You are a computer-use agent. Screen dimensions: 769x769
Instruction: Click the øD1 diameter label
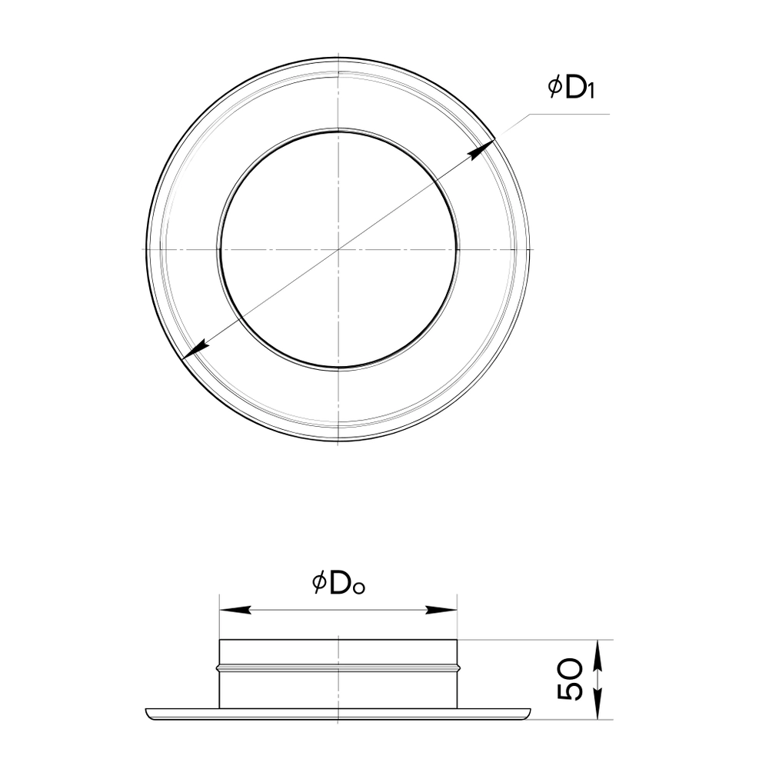tap(571, 88)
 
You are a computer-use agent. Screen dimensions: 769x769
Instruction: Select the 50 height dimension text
tap(571, 679)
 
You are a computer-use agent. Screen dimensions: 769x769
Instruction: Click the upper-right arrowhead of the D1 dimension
tap(481, 150)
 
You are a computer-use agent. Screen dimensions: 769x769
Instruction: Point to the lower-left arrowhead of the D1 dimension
tap(195, 350)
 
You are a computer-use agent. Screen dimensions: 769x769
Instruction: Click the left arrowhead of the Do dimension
tap(235, 610)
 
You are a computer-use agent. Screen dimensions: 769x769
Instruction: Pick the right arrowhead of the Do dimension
tap(441, 610)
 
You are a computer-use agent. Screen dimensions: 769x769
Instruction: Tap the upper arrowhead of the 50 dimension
tap(597, 656)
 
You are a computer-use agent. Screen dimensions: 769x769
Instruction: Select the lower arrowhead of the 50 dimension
tap(597, 704)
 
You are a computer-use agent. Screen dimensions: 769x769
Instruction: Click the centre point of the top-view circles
tap(338, 250)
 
